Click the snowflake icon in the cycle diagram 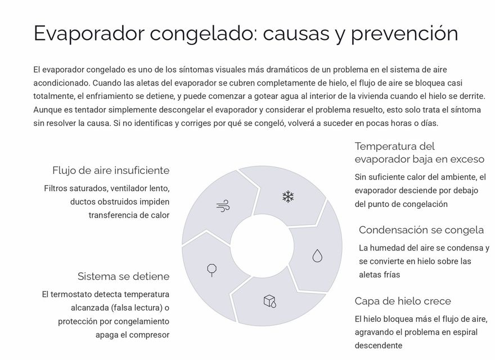[288, 197]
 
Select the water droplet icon [317, 256]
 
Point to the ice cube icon [270, 301]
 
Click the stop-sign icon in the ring [211, 270]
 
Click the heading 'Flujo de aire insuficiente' [111, 170]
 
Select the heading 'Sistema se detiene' [123, 276]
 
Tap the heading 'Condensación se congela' [421, 230]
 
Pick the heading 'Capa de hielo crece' [402, 301]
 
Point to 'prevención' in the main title [404, 34]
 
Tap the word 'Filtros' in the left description [56, 188]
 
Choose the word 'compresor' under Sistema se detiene [148, 335]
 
